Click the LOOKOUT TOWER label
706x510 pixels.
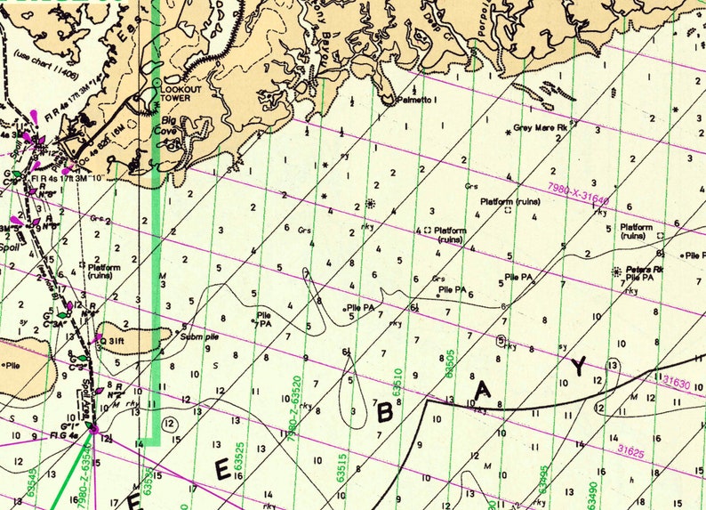(x=182, y=93)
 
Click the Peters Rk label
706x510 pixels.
(x=646, y=269)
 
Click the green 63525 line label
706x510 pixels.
(x=239, y=455)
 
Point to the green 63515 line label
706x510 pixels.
(x=341, y=463)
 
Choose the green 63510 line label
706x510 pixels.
(x=396, y=381)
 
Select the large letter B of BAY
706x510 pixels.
(x=385, y=411)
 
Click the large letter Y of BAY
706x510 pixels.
(x=579, y=366)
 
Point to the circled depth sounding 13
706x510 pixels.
(x=613, y=365)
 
